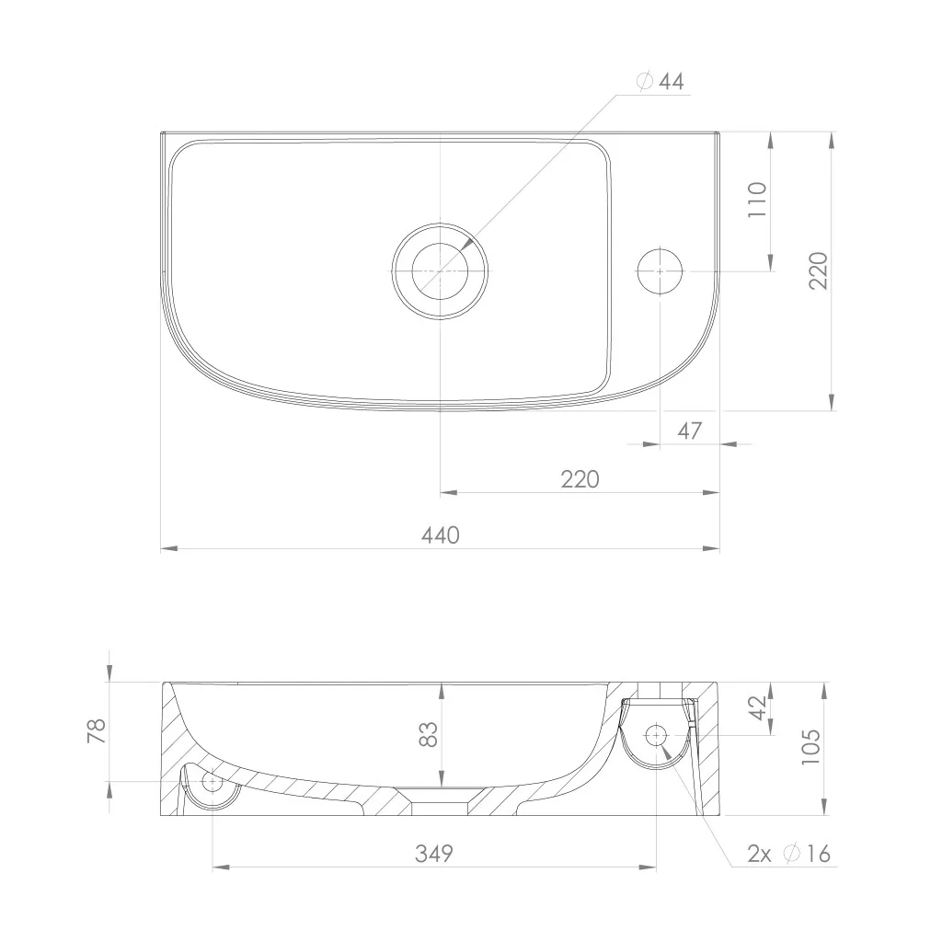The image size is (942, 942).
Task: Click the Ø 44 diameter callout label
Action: pyautogui.click(x=661, y=81)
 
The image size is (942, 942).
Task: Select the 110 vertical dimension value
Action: pyautogui.click(x=758, y=200)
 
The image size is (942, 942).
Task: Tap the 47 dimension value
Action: pyautogui.click(x=689, y=431)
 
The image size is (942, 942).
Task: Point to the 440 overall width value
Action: pyautogui.click(x=441, y=534)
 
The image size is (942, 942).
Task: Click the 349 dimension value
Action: pyautogui.click(x=434, y=853)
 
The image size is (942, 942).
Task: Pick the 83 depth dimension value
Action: pyautogui.click(x=429, y=734)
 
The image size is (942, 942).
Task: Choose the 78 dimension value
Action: pyautogui.click(x=97, y=730)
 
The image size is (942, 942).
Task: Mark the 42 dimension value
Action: pyautogui.click(x=759, y=707)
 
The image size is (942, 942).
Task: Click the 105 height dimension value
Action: pyautogui.click(x=810, y=746)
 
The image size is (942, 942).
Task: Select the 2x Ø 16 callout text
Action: pyautogui.click(x=788, y=853)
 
